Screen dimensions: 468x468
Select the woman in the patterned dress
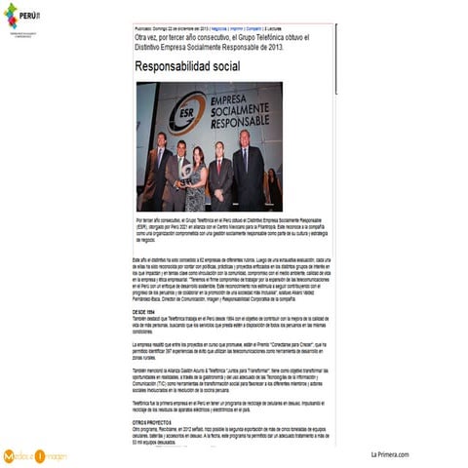pos(197,175)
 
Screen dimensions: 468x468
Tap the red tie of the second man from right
pos(221,162)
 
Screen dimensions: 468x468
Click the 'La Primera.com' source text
pos(390,453)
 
